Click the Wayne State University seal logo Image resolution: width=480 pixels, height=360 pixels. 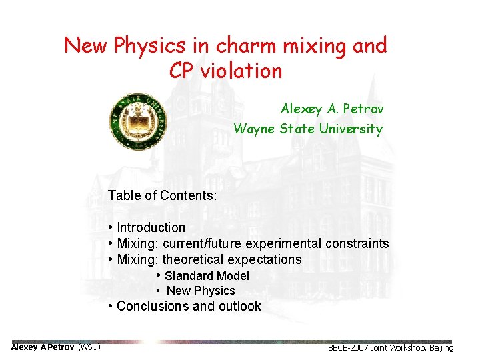[138, 121]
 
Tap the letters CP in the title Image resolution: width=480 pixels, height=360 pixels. [181, 71]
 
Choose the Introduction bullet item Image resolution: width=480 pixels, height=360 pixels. [151, 227]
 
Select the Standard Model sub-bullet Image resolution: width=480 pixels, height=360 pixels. [207, 276]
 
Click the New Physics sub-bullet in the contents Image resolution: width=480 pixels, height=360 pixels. [201, 291]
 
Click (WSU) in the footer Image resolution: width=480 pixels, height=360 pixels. [89, 347]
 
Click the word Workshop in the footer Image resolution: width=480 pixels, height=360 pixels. [407, 348]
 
